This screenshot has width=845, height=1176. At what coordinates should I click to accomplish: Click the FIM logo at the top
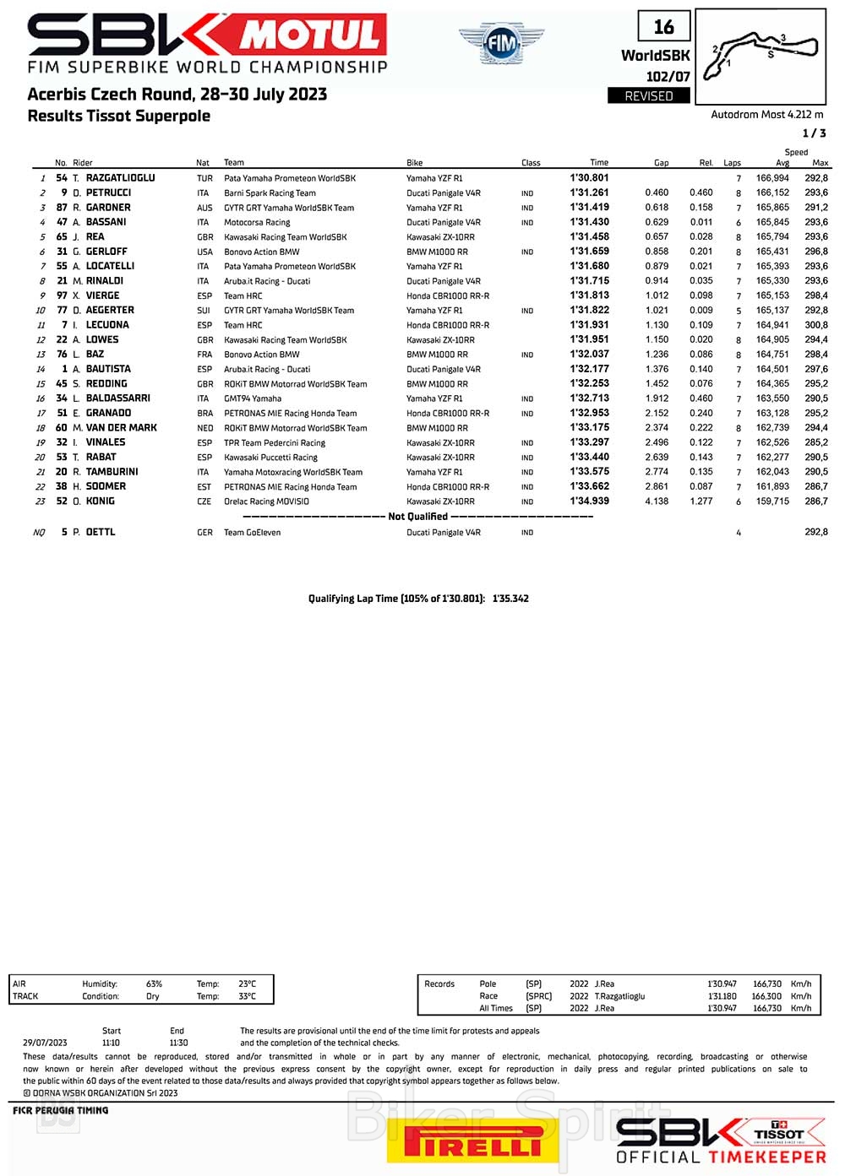point(501,41)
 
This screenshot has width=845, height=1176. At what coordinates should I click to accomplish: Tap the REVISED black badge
point(649,96)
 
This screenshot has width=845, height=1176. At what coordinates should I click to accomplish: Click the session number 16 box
point(663,27)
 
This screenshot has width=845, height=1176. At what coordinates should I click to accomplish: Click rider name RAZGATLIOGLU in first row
point(120,178)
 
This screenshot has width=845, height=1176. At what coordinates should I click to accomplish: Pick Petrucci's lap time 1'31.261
point(589,192)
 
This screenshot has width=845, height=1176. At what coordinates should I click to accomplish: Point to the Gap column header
point(661,163)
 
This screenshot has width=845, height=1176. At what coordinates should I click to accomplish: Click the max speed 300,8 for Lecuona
point(815,325)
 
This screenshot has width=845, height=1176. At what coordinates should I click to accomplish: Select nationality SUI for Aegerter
point(204,311)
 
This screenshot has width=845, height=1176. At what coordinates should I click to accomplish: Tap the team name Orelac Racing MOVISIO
point(266,501)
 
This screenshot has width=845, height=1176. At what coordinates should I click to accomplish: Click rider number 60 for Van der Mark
point(62,428)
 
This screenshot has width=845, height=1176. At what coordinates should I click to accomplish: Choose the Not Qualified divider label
point(417,517)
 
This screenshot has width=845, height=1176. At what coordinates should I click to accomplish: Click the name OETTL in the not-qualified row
point(101,533)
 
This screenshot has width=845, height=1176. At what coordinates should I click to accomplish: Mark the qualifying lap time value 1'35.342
point(510,599)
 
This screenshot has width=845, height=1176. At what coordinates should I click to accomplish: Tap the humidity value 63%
point(154,984)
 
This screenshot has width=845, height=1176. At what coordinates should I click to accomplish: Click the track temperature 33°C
point(247,996)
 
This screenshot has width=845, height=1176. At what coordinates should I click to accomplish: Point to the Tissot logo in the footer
point(779,1134)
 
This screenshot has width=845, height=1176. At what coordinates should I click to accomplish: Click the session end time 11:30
point(178,1043)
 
